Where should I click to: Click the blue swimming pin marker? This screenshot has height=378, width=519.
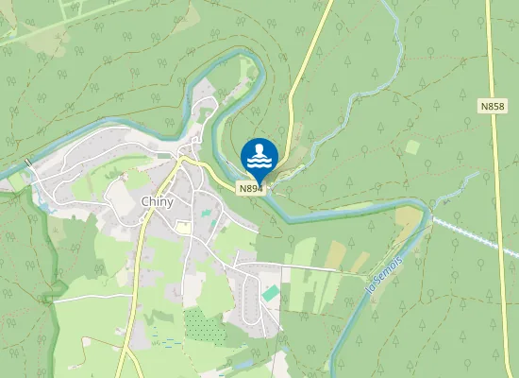pyautogui.click(x=259, y=158)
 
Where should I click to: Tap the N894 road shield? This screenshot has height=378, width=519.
pyautogui.click(x=249, y=189)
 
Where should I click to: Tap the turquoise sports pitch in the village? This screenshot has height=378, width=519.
pyautogui.click(x=271, y=294)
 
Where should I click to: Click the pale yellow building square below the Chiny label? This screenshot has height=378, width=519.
pyautogui.click(x=183, y=228)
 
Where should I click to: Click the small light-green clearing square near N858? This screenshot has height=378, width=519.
pyautogui.click(x=411, y=147)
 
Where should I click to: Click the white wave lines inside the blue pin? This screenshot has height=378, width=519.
pyautogui.click(x=259, y=163)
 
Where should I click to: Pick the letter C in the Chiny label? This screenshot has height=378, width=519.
pyautogui.click(x=144, y=201)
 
